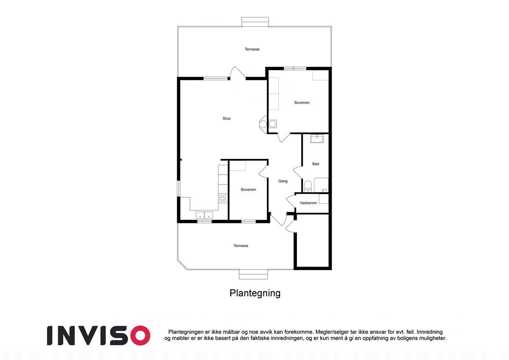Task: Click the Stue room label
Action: click(227, 118)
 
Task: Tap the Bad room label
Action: click(316, 164)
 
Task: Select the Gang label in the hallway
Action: click(282, 181)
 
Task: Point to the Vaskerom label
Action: click(308, 203)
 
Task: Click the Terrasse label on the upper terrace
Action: click(252, 49)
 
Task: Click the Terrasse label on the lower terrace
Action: click(241, 246)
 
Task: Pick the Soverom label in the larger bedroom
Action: click(302, 103)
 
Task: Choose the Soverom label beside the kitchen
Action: click(248, 190)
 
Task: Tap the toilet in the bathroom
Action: click(308, 186)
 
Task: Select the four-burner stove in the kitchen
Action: click(222, 198)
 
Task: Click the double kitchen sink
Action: click(204, 215)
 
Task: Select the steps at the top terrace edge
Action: click(255, 22)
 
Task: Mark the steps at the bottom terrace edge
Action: click(253, 274)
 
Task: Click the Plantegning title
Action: click(255, 293)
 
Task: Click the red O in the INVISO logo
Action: click(138, 335)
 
